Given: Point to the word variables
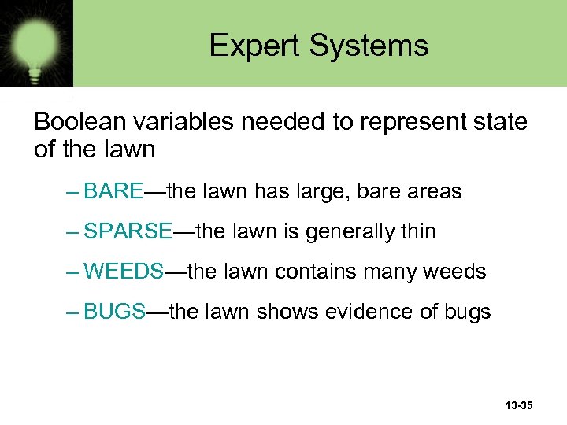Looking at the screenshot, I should [187, 123].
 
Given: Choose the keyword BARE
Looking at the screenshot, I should [113, 191].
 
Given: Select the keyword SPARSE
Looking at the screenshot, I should [128, 231].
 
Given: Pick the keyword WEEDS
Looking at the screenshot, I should [124, 272].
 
